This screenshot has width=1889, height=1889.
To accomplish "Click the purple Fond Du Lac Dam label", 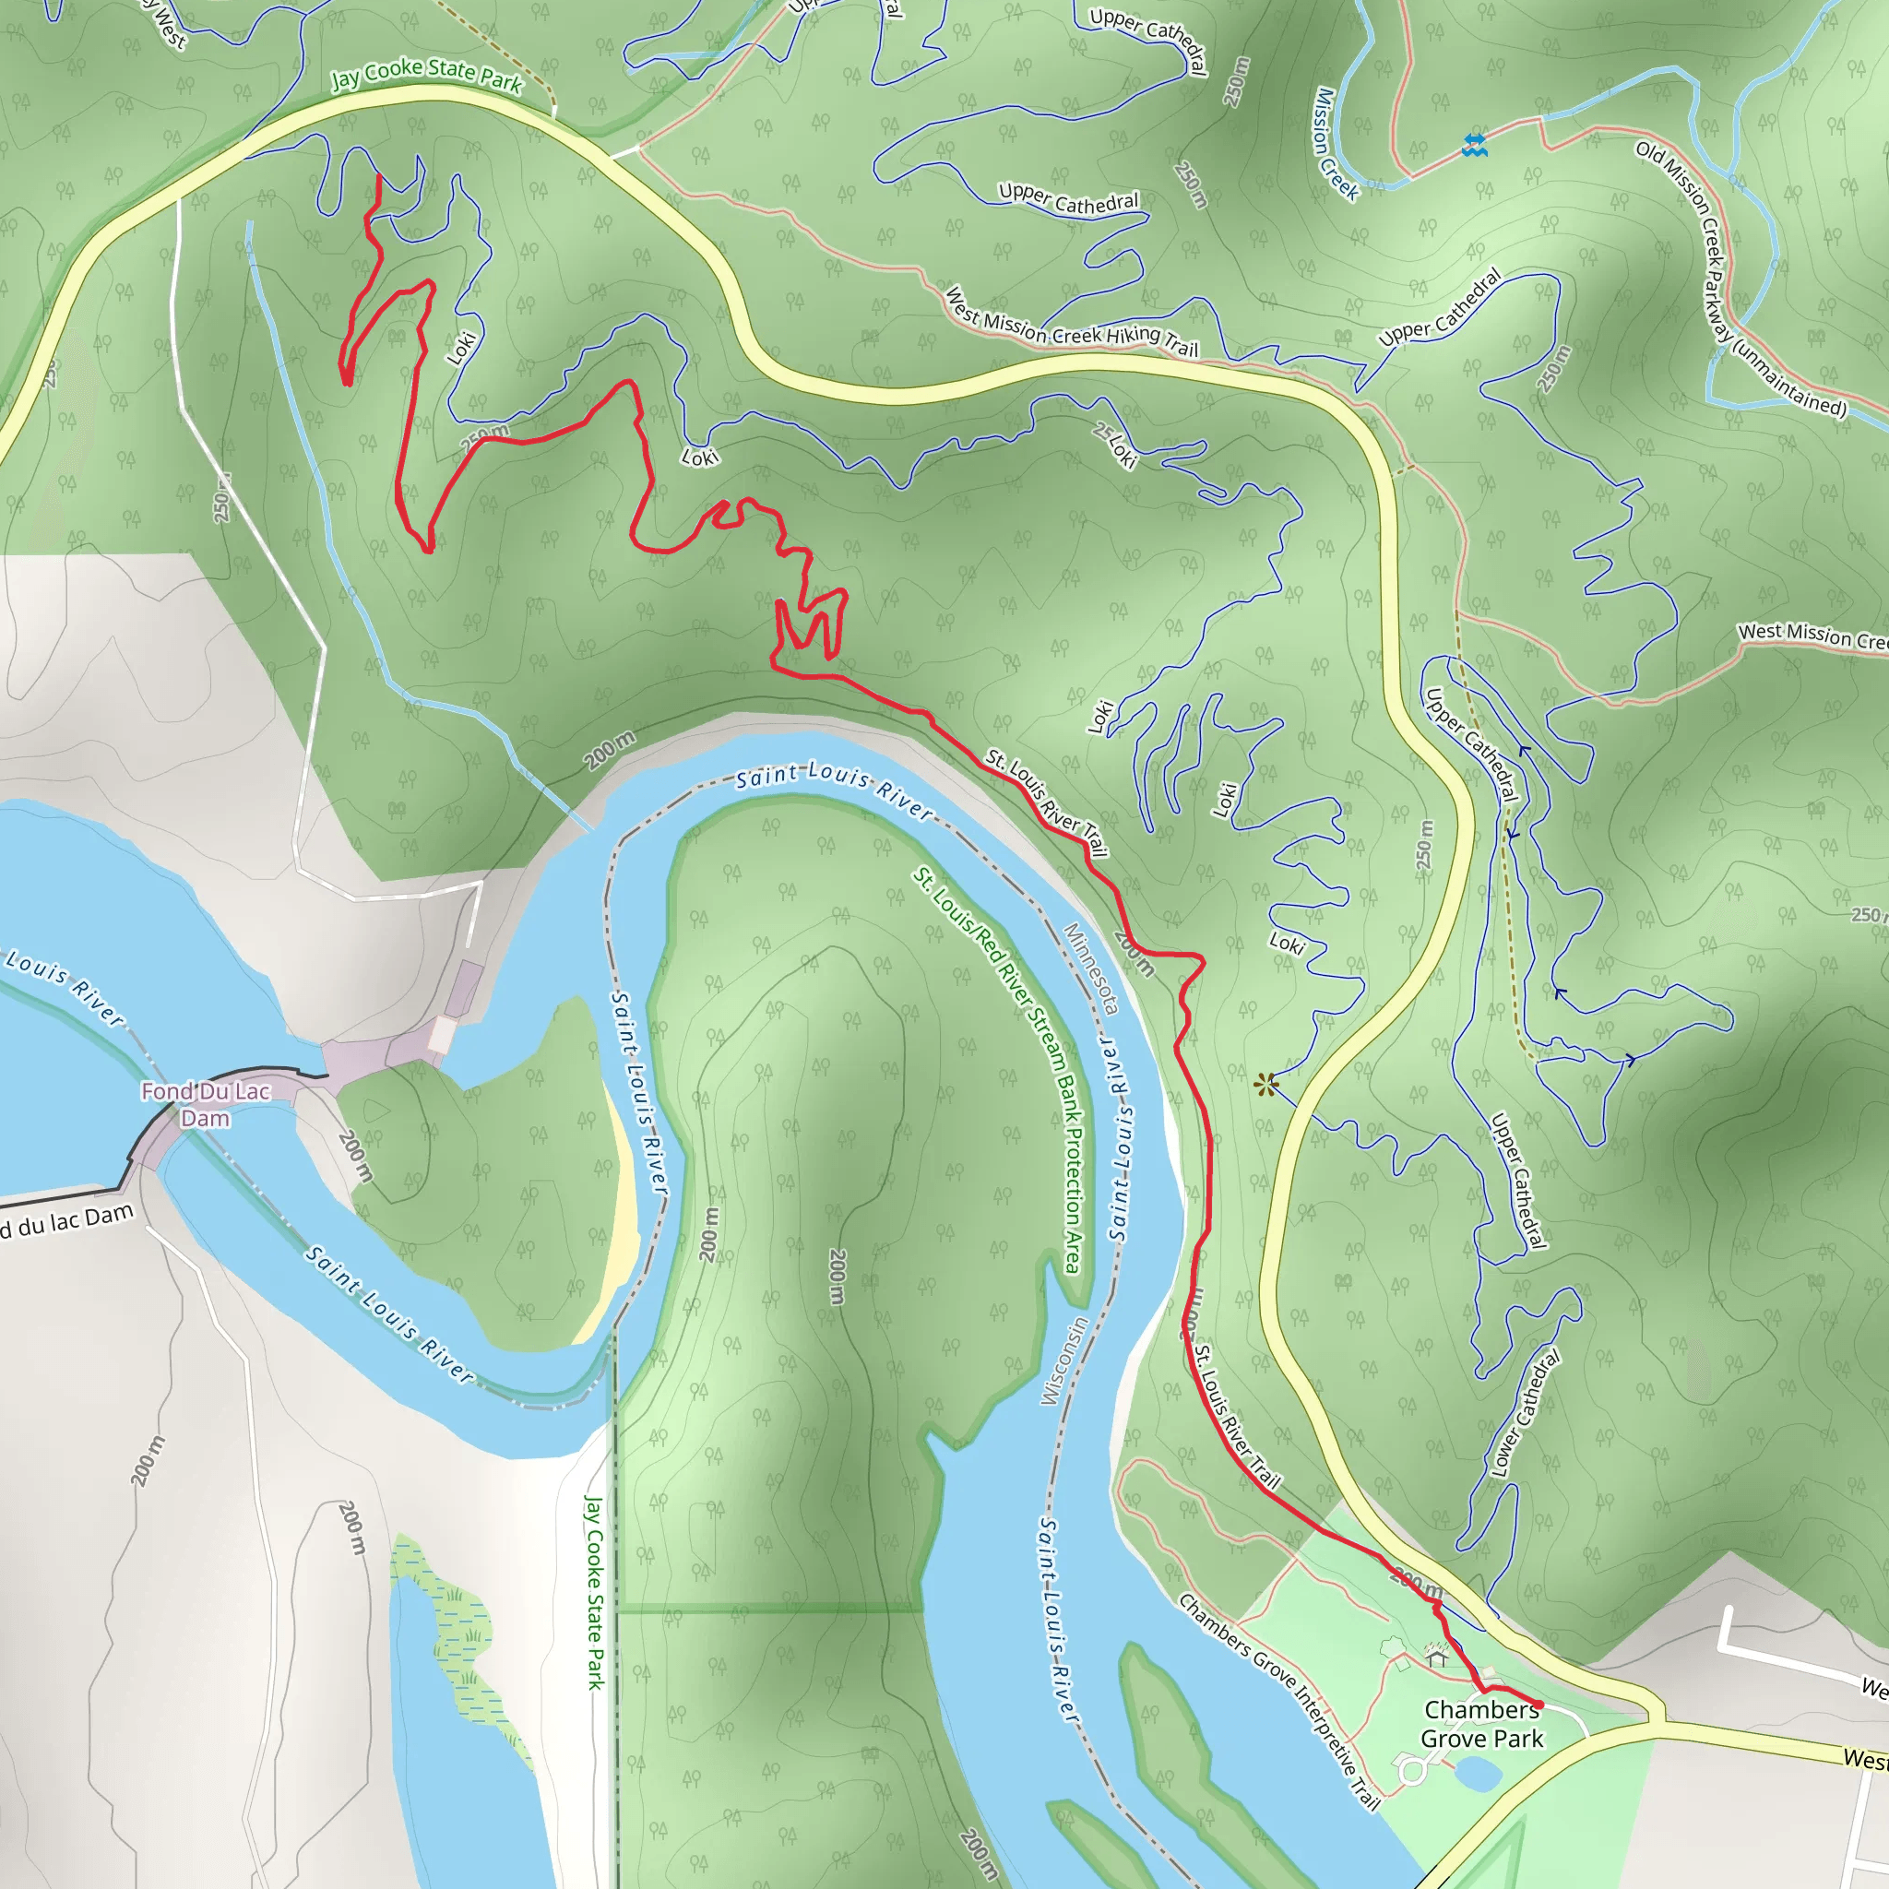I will click(x=206, y=1104).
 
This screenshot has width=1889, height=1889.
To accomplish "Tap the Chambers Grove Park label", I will click(x=1481, y=1724).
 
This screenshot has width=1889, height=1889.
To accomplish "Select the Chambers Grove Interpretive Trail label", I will click(x=1281, y=1699).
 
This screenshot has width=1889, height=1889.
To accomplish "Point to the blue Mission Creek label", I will click(x=1336, y=144).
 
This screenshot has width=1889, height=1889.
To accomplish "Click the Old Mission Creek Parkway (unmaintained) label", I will click(x=1740, y=279).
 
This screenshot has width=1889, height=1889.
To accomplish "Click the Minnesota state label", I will click(x=1091, y=968).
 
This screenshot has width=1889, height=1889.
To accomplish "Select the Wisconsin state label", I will click(x=1063, y=1361).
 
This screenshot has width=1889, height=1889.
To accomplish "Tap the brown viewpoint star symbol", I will click(x=1266, y=1084).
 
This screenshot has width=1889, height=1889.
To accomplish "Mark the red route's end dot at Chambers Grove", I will click(x=1539, y=1705).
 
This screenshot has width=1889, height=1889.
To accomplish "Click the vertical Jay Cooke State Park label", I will click(x=593, y=1591).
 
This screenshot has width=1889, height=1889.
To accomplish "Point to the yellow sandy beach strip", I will click(x=616, y=1222).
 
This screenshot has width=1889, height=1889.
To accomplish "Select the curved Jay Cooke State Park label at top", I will click(x=426, y=74).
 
